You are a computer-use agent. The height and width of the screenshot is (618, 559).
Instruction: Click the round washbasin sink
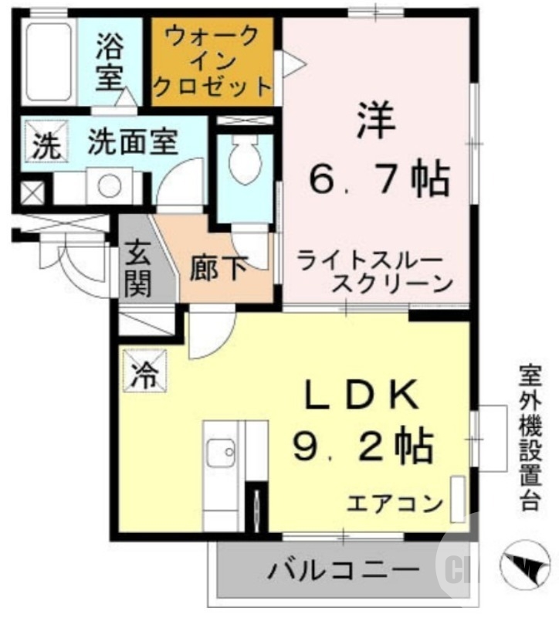click(109, 186)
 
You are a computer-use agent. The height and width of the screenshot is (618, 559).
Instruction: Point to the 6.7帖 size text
click(378, 181)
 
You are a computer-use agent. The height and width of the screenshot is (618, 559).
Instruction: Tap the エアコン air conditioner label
click(394, 504)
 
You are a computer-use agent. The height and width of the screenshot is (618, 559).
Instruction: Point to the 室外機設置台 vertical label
click(529, 436)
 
